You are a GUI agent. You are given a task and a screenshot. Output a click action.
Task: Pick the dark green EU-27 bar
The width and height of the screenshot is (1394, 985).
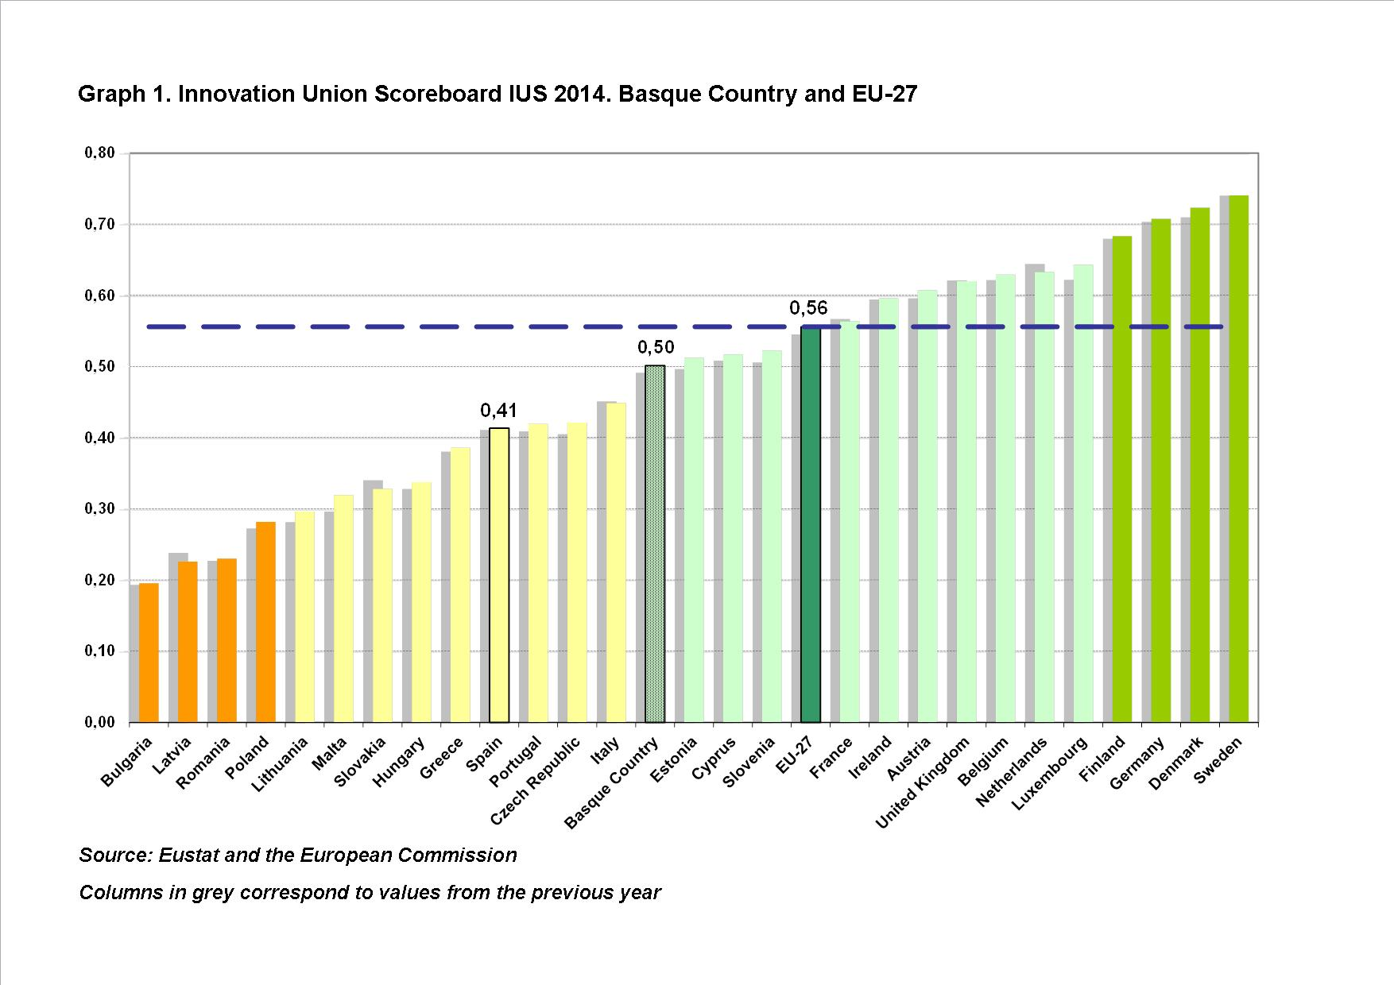810,524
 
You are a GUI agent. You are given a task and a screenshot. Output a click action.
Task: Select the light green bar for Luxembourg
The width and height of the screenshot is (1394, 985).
1083,493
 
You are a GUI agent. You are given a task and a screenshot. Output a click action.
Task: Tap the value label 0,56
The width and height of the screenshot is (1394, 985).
808,308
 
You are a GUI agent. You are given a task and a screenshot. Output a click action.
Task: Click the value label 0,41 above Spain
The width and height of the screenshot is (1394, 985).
498,411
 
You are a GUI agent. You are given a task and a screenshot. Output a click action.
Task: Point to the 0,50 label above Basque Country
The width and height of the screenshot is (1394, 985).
656,347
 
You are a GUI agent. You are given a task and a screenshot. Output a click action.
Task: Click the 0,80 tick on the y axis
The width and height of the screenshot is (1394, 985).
99,153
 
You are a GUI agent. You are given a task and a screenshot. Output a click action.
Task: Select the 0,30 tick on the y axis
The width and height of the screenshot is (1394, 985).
99,509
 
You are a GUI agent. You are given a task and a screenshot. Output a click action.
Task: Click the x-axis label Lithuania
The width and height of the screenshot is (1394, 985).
280,764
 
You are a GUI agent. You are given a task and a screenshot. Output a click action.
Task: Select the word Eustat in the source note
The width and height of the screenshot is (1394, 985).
188,856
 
